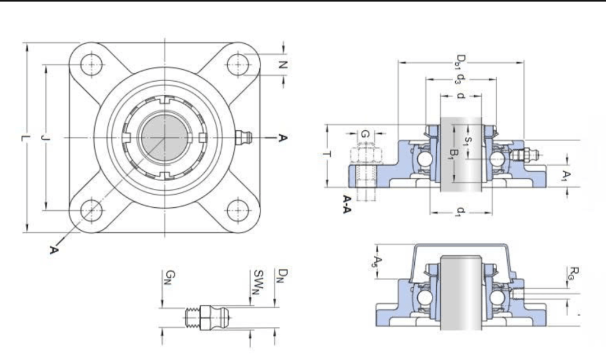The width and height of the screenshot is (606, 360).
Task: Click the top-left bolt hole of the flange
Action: [x=92, y=64]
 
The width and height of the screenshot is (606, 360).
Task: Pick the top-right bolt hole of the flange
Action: [x=238, y=64]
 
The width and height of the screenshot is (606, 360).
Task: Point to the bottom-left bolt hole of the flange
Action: [x=92, y=210]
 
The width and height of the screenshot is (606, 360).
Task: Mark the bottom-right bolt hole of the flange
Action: [x=238, y=210]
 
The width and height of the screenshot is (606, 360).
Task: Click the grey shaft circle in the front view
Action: [x=165, y=137]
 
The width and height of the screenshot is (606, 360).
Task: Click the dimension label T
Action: [x=327, y=155]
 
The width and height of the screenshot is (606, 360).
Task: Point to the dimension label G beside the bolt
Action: [x=365, y=135]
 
